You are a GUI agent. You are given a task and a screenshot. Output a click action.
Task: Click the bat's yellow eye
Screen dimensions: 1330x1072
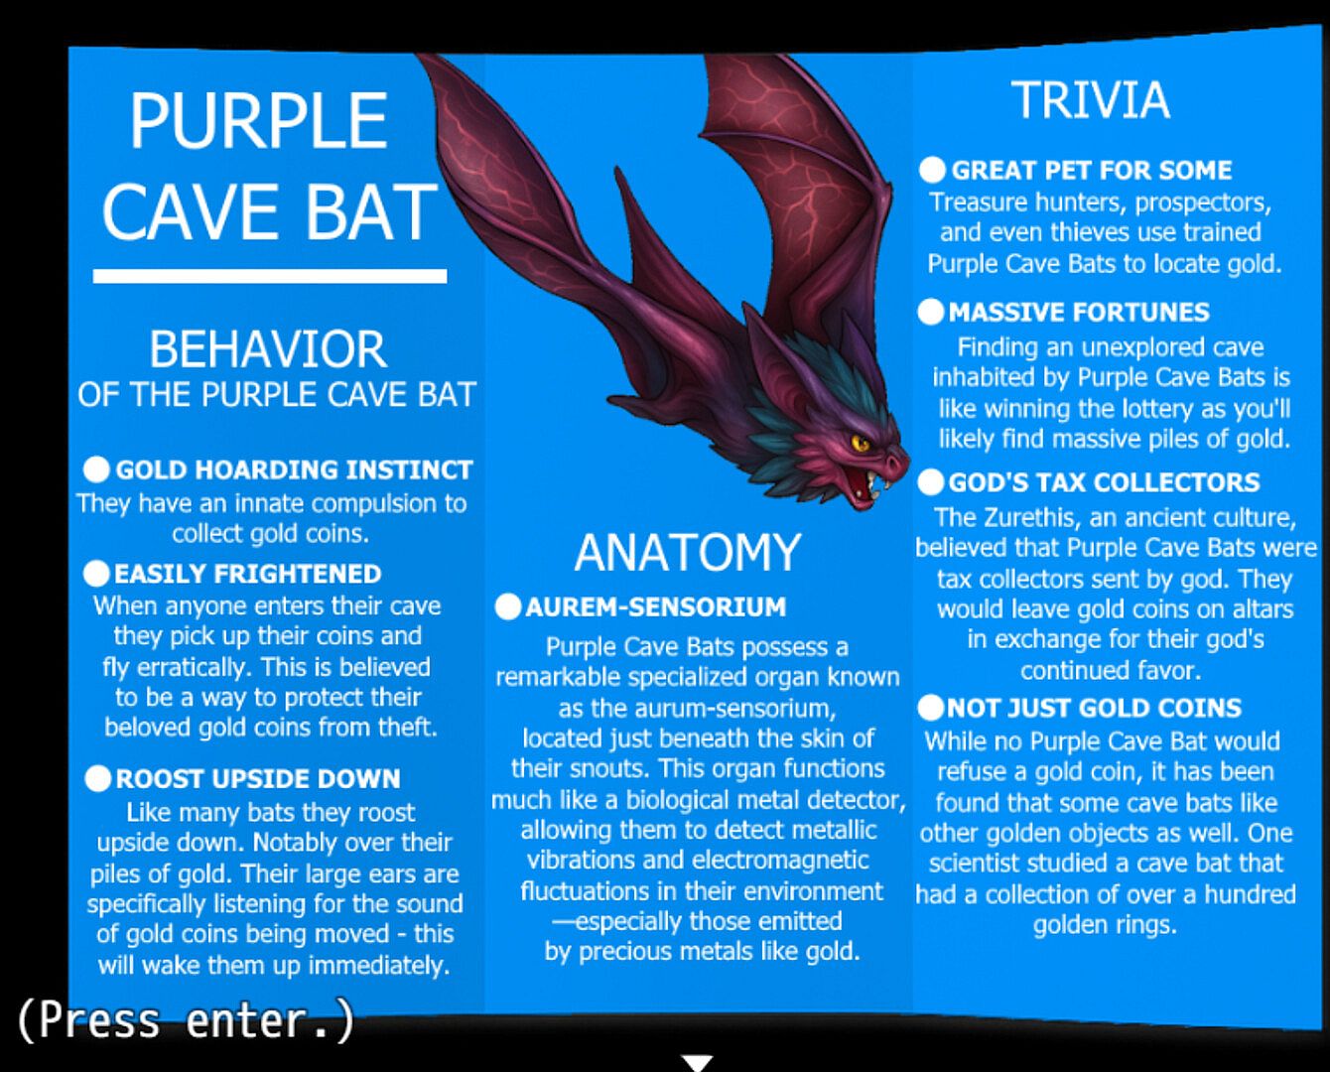pos(861,443)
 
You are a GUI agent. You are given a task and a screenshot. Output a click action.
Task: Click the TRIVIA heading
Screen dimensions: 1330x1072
pos(1091,100)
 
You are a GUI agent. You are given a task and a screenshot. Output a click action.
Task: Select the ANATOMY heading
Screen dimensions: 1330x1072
pos(688,552)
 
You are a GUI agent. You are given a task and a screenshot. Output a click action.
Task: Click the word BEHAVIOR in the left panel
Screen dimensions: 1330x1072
pos(268,349)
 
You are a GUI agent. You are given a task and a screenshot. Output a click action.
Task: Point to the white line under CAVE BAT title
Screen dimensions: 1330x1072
pos(270,276)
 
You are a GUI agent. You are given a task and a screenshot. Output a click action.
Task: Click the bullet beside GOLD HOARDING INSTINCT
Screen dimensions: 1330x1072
pos(96,469)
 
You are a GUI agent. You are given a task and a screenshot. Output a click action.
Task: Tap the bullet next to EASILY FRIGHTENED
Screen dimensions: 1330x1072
pos(96,574)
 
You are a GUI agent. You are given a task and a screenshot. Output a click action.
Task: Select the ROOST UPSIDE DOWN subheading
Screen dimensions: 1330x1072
pos(258,779)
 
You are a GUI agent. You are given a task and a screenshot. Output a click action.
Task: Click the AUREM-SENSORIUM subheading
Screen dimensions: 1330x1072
pos(656,607)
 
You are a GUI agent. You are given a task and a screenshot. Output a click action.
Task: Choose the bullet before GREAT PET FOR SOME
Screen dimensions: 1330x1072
pos(932,170)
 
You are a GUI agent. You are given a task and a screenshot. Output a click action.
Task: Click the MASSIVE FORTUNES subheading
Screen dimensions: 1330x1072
pos(1079,313)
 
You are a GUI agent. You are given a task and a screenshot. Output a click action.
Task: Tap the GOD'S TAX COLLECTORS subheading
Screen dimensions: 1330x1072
pos(1104,482)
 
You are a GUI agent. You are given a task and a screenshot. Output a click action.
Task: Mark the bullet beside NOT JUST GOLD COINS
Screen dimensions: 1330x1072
pos(931,708)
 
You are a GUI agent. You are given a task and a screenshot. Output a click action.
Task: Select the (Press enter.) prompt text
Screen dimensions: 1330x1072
pos(186,1021)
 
